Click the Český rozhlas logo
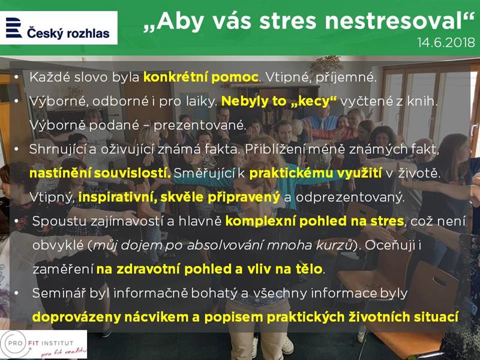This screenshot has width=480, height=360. click(58, 28)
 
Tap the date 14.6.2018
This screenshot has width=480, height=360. click(446, 42)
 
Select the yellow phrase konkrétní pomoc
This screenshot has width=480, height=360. click(201, 77)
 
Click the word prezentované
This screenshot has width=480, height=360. click(200, 125)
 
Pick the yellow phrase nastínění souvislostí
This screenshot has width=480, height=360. click(100, 173)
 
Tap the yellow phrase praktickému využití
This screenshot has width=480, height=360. click(316, 173)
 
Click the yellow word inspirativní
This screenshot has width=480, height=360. click(118, 197)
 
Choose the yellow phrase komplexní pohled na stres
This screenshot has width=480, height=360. click(314, 221)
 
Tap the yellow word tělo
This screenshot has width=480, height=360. click(309, 269)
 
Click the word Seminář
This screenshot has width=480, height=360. click(59, 293)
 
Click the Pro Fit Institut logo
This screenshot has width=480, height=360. click(43, 344)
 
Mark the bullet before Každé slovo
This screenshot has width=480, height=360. click(16, 77)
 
